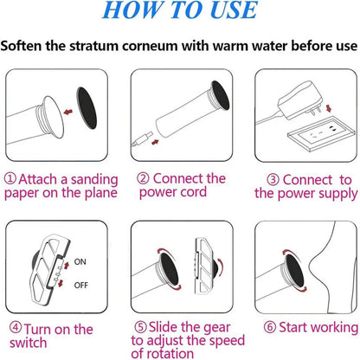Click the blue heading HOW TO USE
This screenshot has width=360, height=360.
(179, 12)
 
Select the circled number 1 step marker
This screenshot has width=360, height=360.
(11, 177)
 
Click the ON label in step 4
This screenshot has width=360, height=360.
(81, 260)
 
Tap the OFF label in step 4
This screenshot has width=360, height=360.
(82, 283)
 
